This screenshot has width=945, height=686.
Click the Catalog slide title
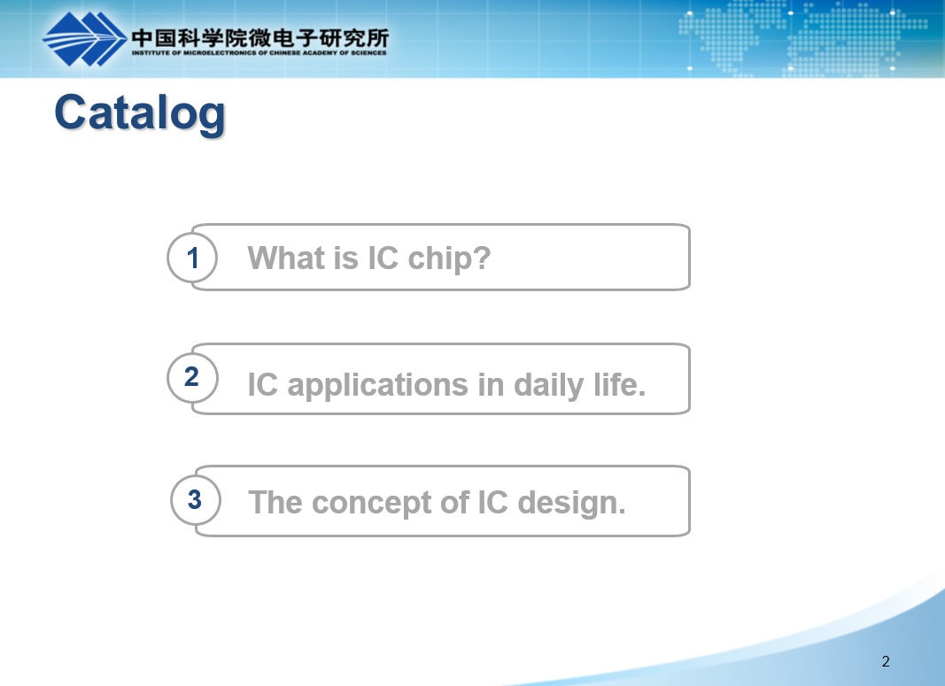(140, 113)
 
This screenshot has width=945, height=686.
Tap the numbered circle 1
(192, 258)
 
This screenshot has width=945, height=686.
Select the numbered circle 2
(192, 378)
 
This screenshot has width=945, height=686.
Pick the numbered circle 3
(195, 499)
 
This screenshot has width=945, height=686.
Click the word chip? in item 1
(449, 258)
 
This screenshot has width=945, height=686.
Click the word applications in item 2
(377, 385)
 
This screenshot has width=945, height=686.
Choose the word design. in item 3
(571, 503)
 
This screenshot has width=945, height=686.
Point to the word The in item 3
(275, 502)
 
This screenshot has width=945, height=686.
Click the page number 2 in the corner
(886, 661)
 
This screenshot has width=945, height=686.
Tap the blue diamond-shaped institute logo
(84, 39)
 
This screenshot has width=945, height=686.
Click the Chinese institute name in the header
(259, 38)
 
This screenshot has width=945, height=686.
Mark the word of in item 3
(453, 502)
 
